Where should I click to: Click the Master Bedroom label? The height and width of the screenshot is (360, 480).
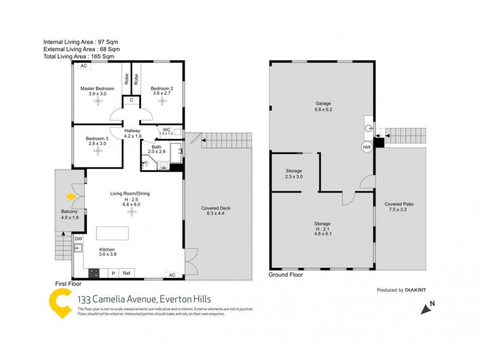click(x=97, y=89)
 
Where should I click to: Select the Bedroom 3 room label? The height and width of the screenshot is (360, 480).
click(x=97, y=138)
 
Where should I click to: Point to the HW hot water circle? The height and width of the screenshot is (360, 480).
click(x=366, y=146)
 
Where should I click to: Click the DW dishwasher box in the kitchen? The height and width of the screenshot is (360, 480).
click(x=79, y=239)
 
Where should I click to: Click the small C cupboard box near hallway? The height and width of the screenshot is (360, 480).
click(x=131, y=100)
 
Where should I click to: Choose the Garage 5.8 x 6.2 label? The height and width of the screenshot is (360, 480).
click(x=323, y=106)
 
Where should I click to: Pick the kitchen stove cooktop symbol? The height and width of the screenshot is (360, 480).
click(x=94, y=273)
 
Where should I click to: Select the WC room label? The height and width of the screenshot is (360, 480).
click(x=166, y=130)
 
